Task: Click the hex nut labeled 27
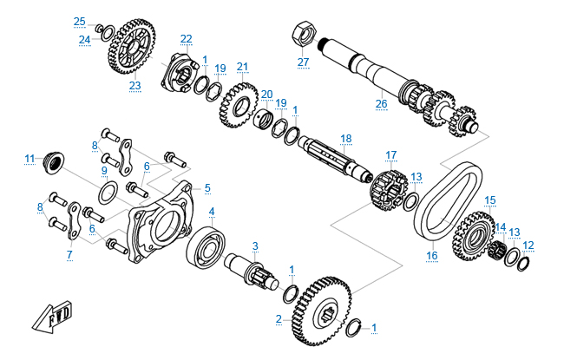[302, 32]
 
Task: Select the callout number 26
[380, 103]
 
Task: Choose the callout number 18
[346, 139]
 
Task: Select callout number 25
[79, 21]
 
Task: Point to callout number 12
[528, 245]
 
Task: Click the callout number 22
[187, 38]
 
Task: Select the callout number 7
[69, 255]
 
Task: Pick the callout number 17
[390, 155]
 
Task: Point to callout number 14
[501, 227]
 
